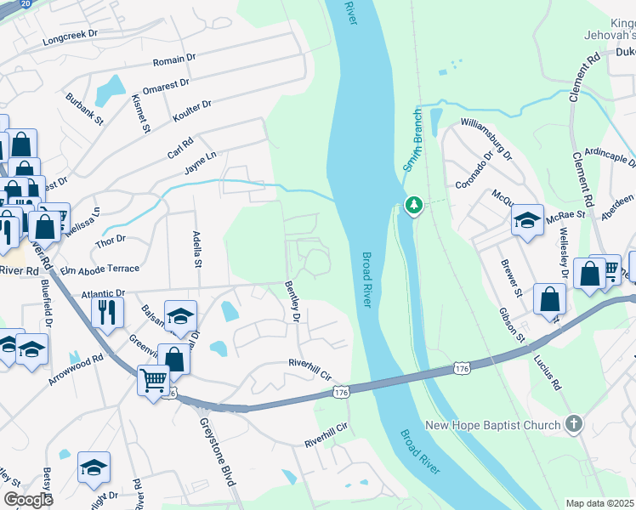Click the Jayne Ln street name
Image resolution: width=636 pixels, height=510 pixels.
click(x=202, y=161)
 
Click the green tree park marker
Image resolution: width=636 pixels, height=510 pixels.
click(x=413, y=205)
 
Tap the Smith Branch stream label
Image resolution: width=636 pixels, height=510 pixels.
click(x=413, y=140)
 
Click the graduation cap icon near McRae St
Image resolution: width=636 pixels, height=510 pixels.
click(x=527, y=221)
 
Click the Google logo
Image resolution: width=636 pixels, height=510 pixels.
click(x=29, y=500)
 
